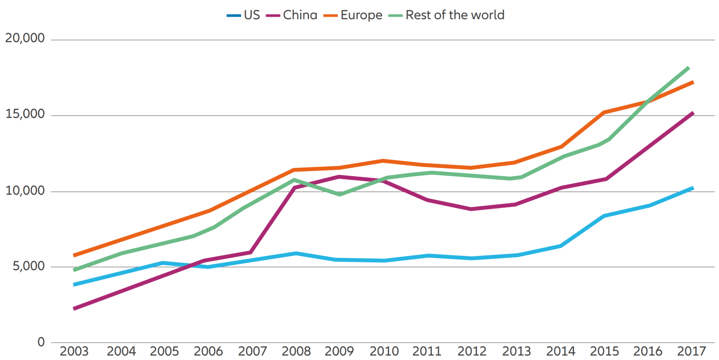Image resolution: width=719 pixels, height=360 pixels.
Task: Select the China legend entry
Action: (292, 15)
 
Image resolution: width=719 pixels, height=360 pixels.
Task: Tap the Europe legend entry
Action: (353, 15)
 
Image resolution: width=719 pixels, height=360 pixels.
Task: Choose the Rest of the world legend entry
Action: (447, 15)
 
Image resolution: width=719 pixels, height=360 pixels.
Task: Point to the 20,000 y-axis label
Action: (25, 38)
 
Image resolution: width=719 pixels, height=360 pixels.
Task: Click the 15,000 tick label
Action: (25, 114)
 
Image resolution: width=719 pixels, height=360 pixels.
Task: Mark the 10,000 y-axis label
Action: (25, 190)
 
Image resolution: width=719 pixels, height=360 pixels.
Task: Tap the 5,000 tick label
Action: (28, 266)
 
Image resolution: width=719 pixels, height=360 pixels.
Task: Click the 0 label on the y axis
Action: (41, 342)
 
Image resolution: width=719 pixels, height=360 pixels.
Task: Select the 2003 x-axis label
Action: (74, 351)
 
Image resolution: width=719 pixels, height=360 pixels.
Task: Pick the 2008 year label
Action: (296, 351)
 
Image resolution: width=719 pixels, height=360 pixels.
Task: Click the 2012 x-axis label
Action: (472, 351)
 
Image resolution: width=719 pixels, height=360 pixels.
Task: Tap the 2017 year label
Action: (691, 351)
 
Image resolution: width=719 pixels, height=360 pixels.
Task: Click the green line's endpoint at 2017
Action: (688, 68)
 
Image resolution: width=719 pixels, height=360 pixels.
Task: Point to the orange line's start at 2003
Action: (74, 255)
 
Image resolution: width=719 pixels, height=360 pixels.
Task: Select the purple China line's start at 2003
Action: (74, 309)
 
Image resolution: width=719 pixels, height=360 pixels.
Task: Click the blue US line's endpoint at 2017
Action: (692, 188)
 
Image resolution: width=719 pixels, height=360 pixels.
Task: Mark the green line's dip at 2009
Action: (340, 194)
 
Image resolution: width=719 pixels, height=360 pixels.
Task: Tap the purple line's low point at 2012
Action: (471, 209)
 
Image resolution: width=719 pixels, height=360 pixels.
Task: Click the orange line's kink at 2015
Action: (604, 112)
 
